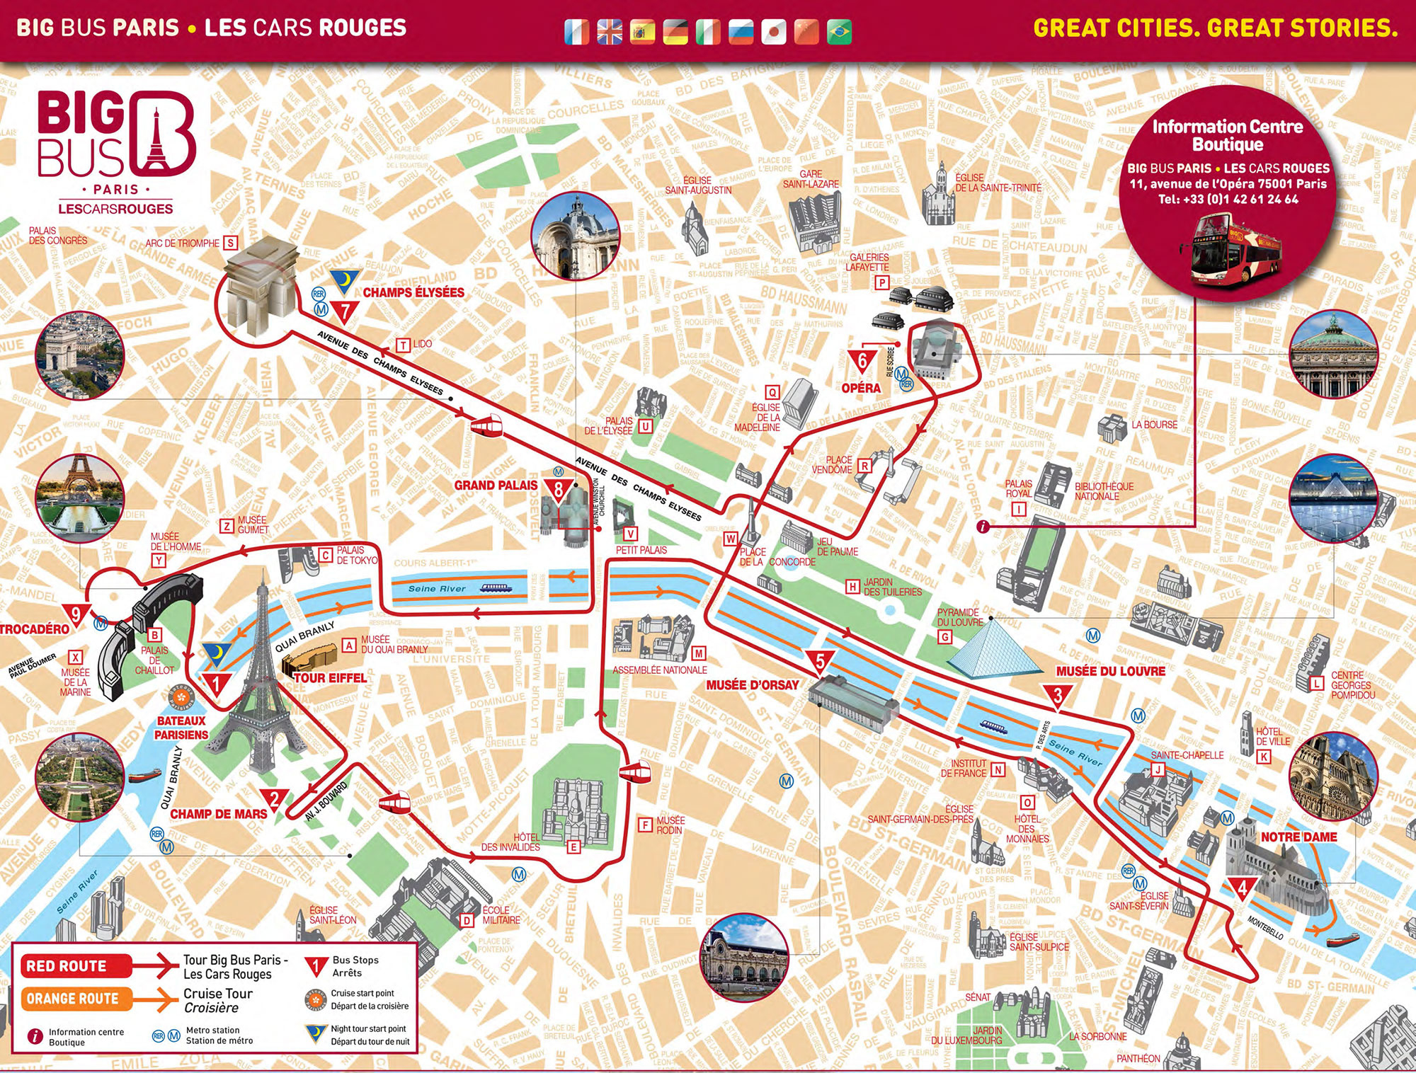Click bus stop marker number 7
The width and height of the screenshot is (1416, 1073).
pyautogui.click(x=345, y=311)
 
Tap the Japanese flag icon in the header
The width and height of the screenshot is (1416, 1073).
pyautogui.click(x=773, y=32)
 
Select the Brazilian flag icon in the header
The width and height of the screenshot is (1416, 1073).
pyautogui.click(x=839, y=32)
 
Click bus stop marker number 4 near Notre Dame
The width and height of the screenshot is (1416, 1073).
pyautogui.click(x=1242, y=887)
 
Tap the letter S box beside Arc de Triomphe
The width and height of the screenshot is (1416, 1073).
pyautogui.click(x=230, y=243)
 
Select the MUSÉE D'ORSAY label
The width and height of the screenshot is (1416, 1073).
pyautogui.click(x=752, y=684)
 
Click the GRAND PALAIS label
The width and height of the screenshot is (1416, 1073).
pyautogui.click(x=496, y=486)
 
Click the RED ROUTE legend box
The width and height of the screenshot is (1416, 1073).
pyautogui.click(x=67, y=966)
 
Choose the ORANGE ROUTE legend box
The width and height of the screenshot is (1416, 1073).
pyautogui.click(x=72, y=999)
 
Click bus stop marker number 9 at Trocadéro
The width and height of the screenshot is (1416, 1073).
pyautogui.click(x=76, y=614)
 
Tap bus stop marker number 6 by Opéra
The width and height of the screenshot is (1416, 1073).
pyautogui.click(x=862, y=361)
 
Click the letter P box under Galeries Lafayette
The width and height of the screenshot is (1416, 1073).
pyautogui.click(x=881, y=282)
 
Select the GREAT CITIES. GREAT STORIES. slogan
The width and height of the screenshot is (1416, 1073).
pyautogui.click(x=1215, y=28)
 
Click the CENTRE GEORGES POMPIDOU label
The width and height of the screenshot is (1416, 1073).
pyautogui.click(x=1352, y=685)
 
